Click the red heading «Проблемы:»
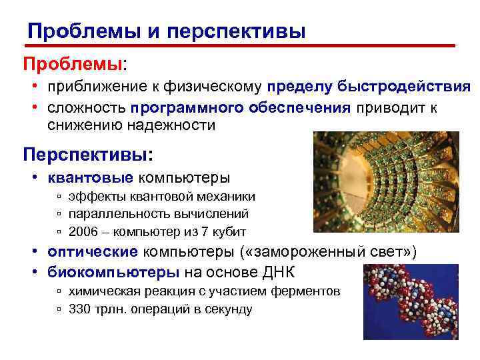point(75,64)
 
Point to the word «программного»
point(173,108)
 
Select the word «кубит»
point(229,232)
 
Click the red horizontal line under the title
point(240,46)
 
